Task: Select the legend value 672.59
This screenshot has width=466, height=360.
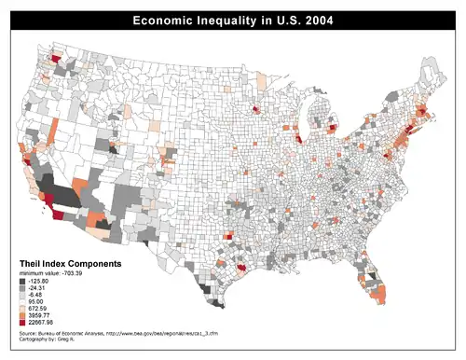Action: point(38,312)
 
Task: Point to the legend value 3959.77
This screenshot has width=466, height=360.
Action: point(40,319)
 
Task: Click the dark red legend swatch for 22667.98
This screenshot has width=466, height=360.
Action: point(21,326)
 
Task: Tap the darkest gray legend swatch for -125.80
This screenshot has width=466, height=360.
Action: point(21,281)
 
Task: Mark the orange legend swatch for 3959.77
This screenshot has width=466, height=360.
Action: point(21,319)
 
